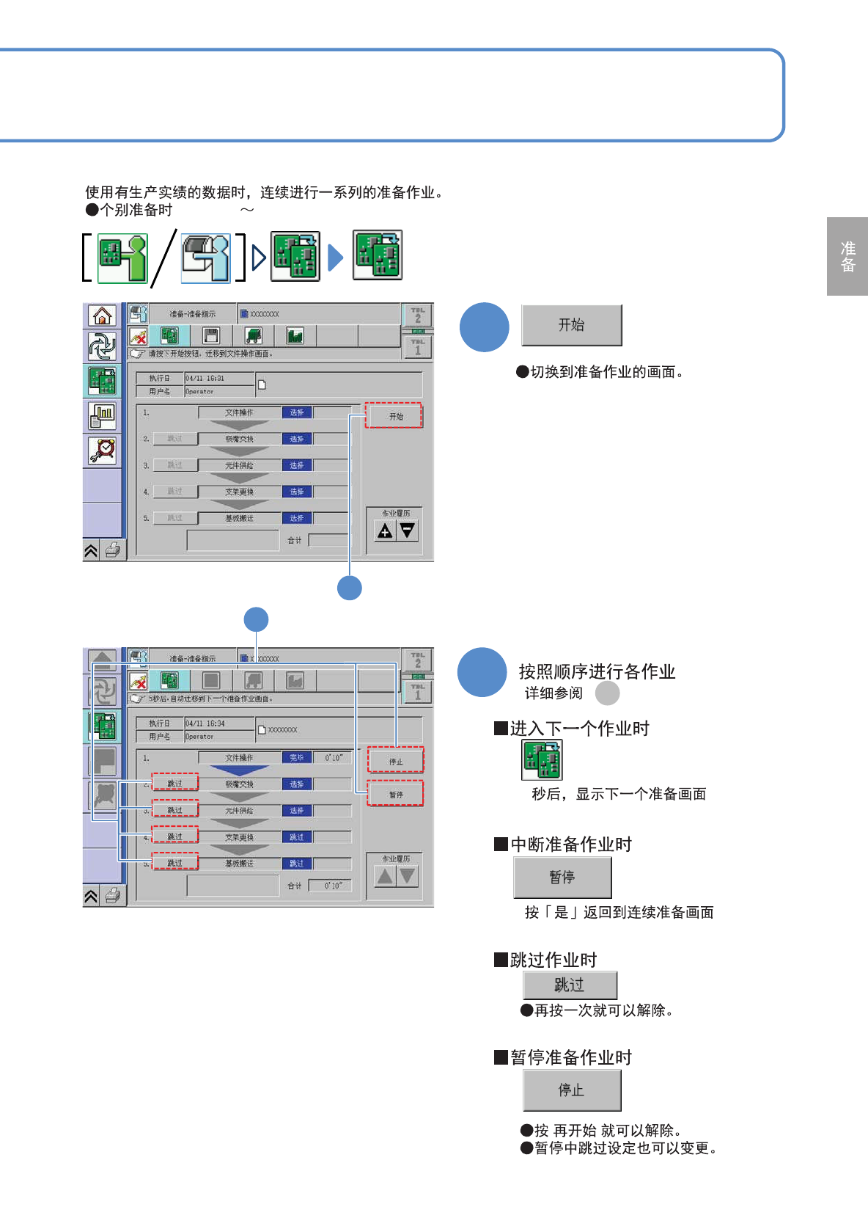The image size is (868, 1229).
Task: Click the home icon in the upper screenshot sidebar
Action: [x=102, y=316]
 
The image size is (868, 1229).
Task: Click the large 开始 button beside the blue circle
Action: [x=571, y=325]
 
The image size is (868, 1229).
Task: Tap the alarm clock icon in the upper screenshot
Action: [x=102, y=450]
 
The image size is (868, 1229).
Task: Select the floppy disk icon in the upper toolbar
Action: [x=211, y=336]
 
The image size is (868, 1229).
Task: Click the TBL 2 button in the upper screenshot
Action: [x=418, y=316]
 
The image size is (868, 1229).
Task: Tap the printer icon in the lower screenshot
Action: [x=112, y=895]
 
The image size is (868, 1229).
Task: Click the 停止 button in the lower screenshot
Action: [x=396, y=761]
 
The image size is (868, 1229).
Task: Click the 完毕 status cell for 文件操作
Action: [x=297, y=758]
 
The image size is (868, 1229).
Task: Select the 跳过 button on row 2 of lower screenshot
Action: [x=174, y=784]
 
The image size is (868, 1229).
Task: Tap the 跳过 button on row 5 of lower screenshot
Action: [x=174, y=863]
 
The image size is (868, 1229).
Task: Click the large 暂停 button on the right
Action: [x=562, y=878]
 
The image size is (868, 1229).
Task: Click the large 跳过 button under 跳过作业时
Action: [x=570, y=985]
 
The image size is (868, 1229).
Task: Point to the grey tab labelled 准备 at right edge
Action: [x=847, y=257]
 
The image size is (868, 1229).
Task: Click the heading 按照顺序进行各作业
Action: [x=597, y=671]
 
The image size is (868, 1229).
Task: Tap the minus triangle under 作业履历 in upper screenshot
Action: [x=407, y=530]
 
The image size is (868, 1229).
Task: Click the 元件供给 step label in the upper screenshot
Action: [x=239, y=465]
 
